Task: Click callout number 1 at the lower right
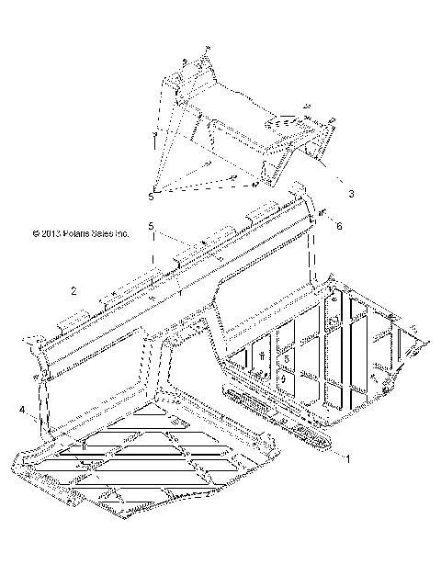pos(346,457)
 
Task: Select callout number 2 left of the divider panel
pos(73,291)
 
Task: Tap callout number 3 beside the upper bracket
pos(350,194)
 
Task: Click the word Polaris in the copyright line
pos(88,234)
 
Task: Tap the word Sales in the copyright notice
pos(121,234)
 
